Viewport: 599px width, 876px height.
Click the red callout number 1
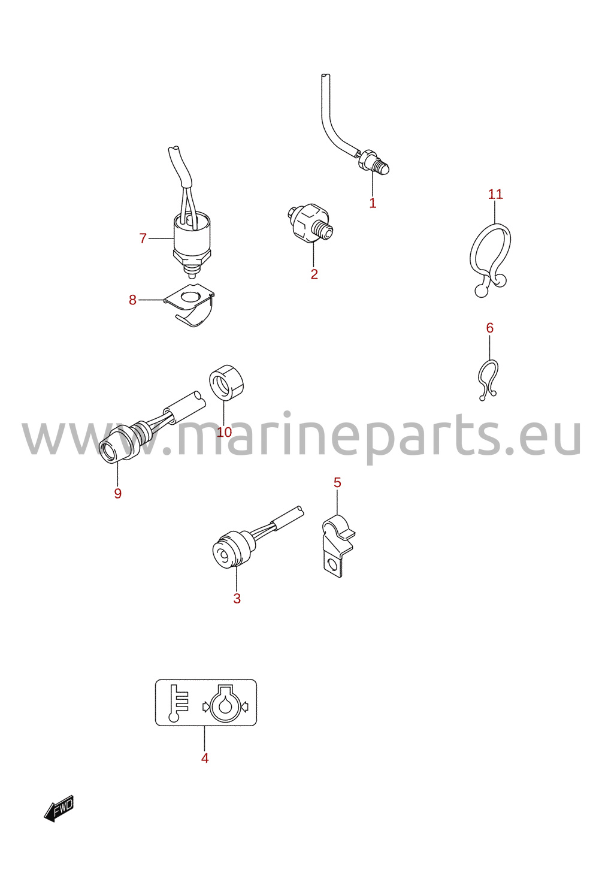[373, 203]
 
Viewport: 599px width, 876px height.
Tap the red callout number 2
[314, 274]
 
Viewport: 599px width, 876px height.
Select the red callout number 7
[143, 238]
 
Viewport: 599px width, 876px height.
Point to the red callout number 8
[132, 300]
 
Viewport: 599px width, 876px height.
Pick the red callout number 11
[495, 194]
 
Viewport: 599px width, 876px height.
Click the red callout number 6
[490, 328]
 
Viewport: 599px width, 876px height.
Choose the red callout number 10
[225, 432]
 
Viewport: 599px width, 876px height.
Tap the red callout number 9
[117, 493]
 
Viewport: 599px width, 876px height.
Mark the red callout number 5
[337, 482]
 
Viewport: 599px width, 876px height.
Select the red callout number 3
[237, 599]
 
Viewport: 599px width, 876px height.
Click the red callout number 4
[205, 759]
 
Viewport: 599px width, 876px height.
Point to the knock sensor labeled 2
[310, 223]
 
